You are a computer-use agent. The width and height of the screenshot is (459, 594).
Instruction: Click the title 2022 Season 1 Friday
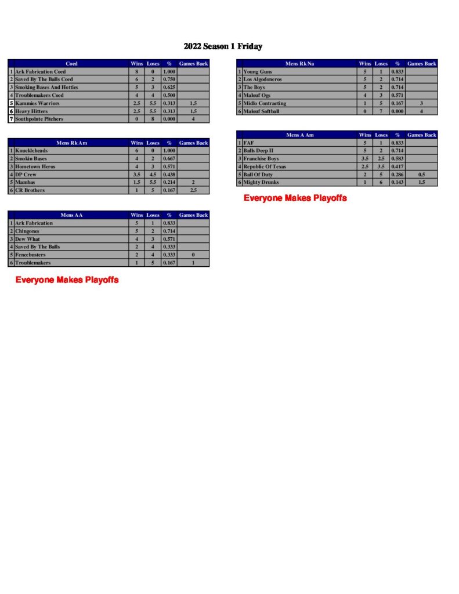click(x=223, y=46)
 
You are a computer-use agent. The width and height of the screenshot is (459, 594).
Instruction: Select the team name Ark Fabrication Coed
click(x=40, y=71)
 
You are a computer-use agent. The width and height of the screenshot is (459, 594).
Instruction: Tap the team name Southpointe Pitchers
click(x=39, y=119)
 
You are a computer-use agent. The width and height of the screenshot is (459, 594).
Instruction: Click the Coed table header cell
click(x=71, y=63)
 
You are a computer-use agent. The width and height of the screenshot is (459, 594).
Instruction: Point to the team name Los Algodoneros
click(x=262, y=79)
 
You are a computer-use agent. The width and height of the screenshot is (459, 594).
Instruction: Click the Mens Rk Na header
click(x=299, y=63)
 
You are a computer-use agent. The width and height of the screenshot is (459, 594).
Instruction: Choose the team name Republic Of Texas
click(x=265, y=166)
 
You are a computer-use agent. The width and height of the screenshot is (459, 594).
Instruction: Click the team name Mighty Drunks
click(x=261, y=183)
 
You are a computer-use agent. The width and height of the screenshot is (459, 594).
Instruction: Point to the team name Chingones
click(x=28, y=231)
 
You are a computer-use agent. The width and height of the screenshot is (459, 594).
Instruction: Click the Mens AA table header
click(x=71, y=215)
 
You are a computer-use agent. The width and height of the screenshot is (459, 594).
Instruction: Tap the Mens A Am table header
click(x=299, y=135)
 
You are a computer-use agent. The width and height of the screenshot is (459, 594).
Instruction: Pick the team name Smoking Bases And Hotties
click(x=46, y=87)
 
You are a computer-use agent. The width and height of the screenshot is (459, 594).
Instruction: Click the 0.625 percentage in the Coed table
click(x=169, y=87)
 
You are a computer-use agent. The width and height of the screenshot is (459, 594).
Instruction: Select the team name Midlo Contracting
click(x=265, y=103)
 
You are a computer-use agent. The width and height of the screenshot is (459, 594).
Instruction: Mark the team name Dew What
click(x=28, y=239)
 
